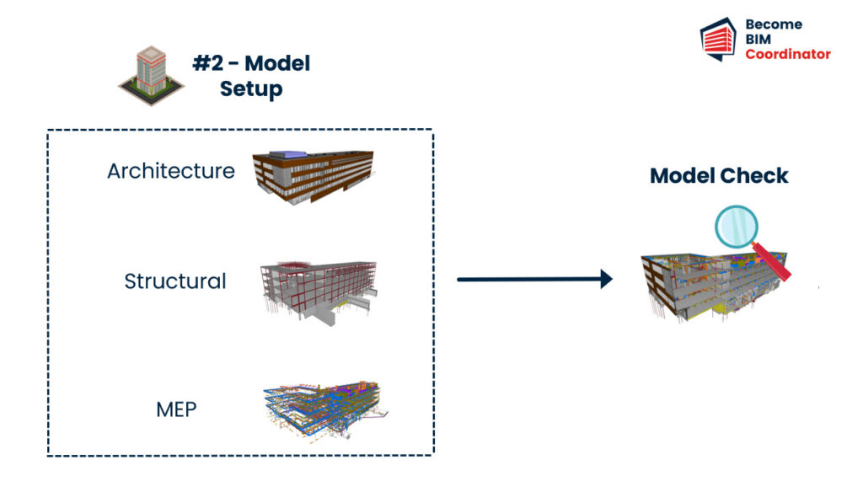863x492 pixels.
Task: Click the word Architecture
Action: point(171,171)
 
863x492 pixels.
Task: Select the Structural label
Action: point(175,281)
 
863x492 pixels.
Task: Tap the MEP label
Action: point(176,409)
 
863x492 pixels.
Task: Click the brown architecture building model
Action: point(313,177)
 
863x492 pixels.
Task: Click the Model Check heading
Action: point(719,175)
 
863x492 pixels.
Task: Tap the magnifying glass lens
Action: point(737,227)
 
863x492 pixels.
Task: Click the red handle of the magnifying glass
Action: point(772,262)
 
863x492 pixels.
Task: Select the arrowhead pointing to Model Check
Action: point(606,279)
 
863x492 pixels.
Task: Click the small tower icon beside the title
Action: point(151,76)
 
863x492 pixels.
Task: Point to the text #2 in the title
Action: point(209,63)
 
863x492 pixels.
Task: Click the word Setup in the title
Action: point(251,89)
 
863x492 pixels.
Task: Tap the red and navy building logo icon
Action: point(718,39)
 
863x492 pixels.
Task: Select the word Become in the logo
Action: point(774,24)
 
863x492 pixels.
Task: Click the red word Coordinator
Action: point(788,54)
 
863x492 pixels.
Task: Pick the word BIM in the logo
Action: point(758,39)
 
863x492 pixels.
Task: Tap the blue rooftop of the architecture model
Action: point(292,155)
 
